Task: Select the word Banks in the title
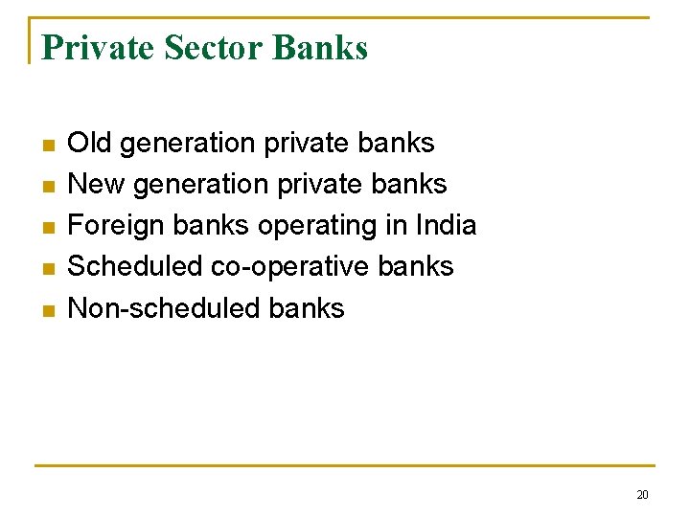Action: [320, 47]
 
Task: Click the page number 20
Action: [642, 495]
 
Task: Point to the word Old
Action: [89, 144]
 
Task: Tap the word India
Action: [446, 226]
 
